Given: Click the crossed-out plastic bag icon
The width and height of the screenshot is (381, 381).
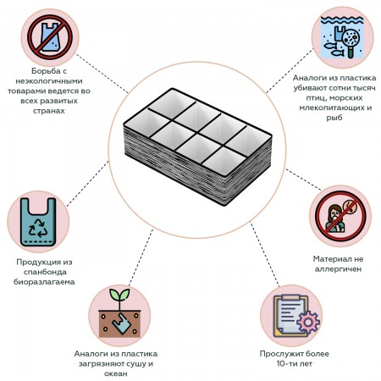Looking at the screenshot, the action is pos(50,37).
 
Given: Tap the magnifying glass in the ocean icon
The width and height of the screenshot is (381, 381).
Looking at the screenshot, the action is pos(351,41).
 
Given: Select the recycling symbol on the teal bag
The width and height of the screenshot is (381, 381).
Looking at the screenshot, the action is pos(38,228).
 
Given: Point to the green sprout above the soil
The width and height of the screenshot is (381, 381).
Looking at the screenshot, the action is pos(119,298).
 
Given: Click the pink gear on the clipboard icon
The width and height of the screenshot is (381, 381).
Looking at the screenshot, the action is pos(308,322).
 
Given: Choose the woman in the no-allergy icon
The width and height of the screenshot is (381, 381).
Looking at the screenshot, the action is pos(335,218).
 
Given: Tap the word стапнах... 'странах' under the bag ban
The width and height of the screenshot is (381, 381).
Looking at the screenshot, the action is pos(49,111).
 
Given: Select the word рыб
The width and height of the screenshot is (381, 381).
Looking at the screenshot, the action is pos(334,118).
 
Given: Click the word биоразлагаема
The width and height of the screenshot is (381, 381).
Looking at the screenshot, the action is pos(44,282).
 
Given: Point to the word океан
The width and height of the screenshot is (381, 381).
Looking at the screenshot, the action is pos(116,373).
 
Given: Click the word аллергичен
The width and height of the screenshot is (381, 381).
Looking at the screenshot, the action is pos(338,269).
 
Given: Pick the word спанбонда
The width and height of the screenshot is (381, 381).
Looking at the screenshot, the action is pos(45,272).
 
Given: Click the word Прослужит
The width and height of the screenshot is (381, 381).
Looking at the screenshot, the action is pos(280,354).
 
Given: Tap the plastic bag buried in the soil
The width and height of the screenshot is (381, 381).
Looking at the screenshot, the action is pos(122,323).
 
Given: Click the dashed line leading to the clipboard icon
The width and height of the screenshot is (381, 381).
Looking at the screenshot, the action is pos(265,254).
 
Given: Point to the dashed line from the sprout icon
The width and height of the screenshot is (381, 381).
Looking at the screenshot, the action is pos(141,257).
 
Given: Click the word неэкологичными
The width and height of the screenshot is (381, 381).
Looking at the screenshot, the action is pos(49,81).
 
